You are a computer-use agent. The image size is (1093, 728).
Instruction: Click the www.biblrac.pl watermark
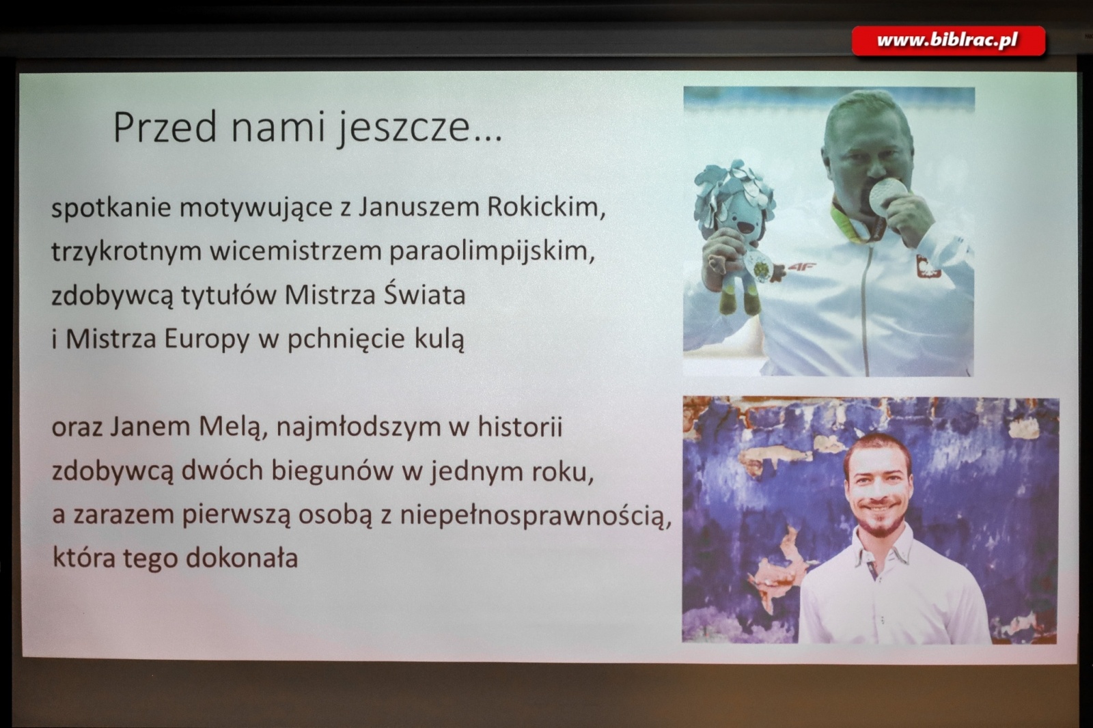coord(947,41)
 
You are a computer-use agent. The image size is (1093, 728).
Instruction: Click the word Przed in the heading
coord(165,128)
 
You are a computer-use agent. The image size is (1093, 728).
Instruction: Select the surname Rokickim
coord(545,206)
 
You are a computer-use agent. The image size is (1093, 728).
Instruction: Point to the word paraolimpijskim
coord(492,251)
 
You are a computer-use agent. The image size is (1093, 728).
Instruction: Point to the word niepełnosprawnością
coord(536,515)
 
